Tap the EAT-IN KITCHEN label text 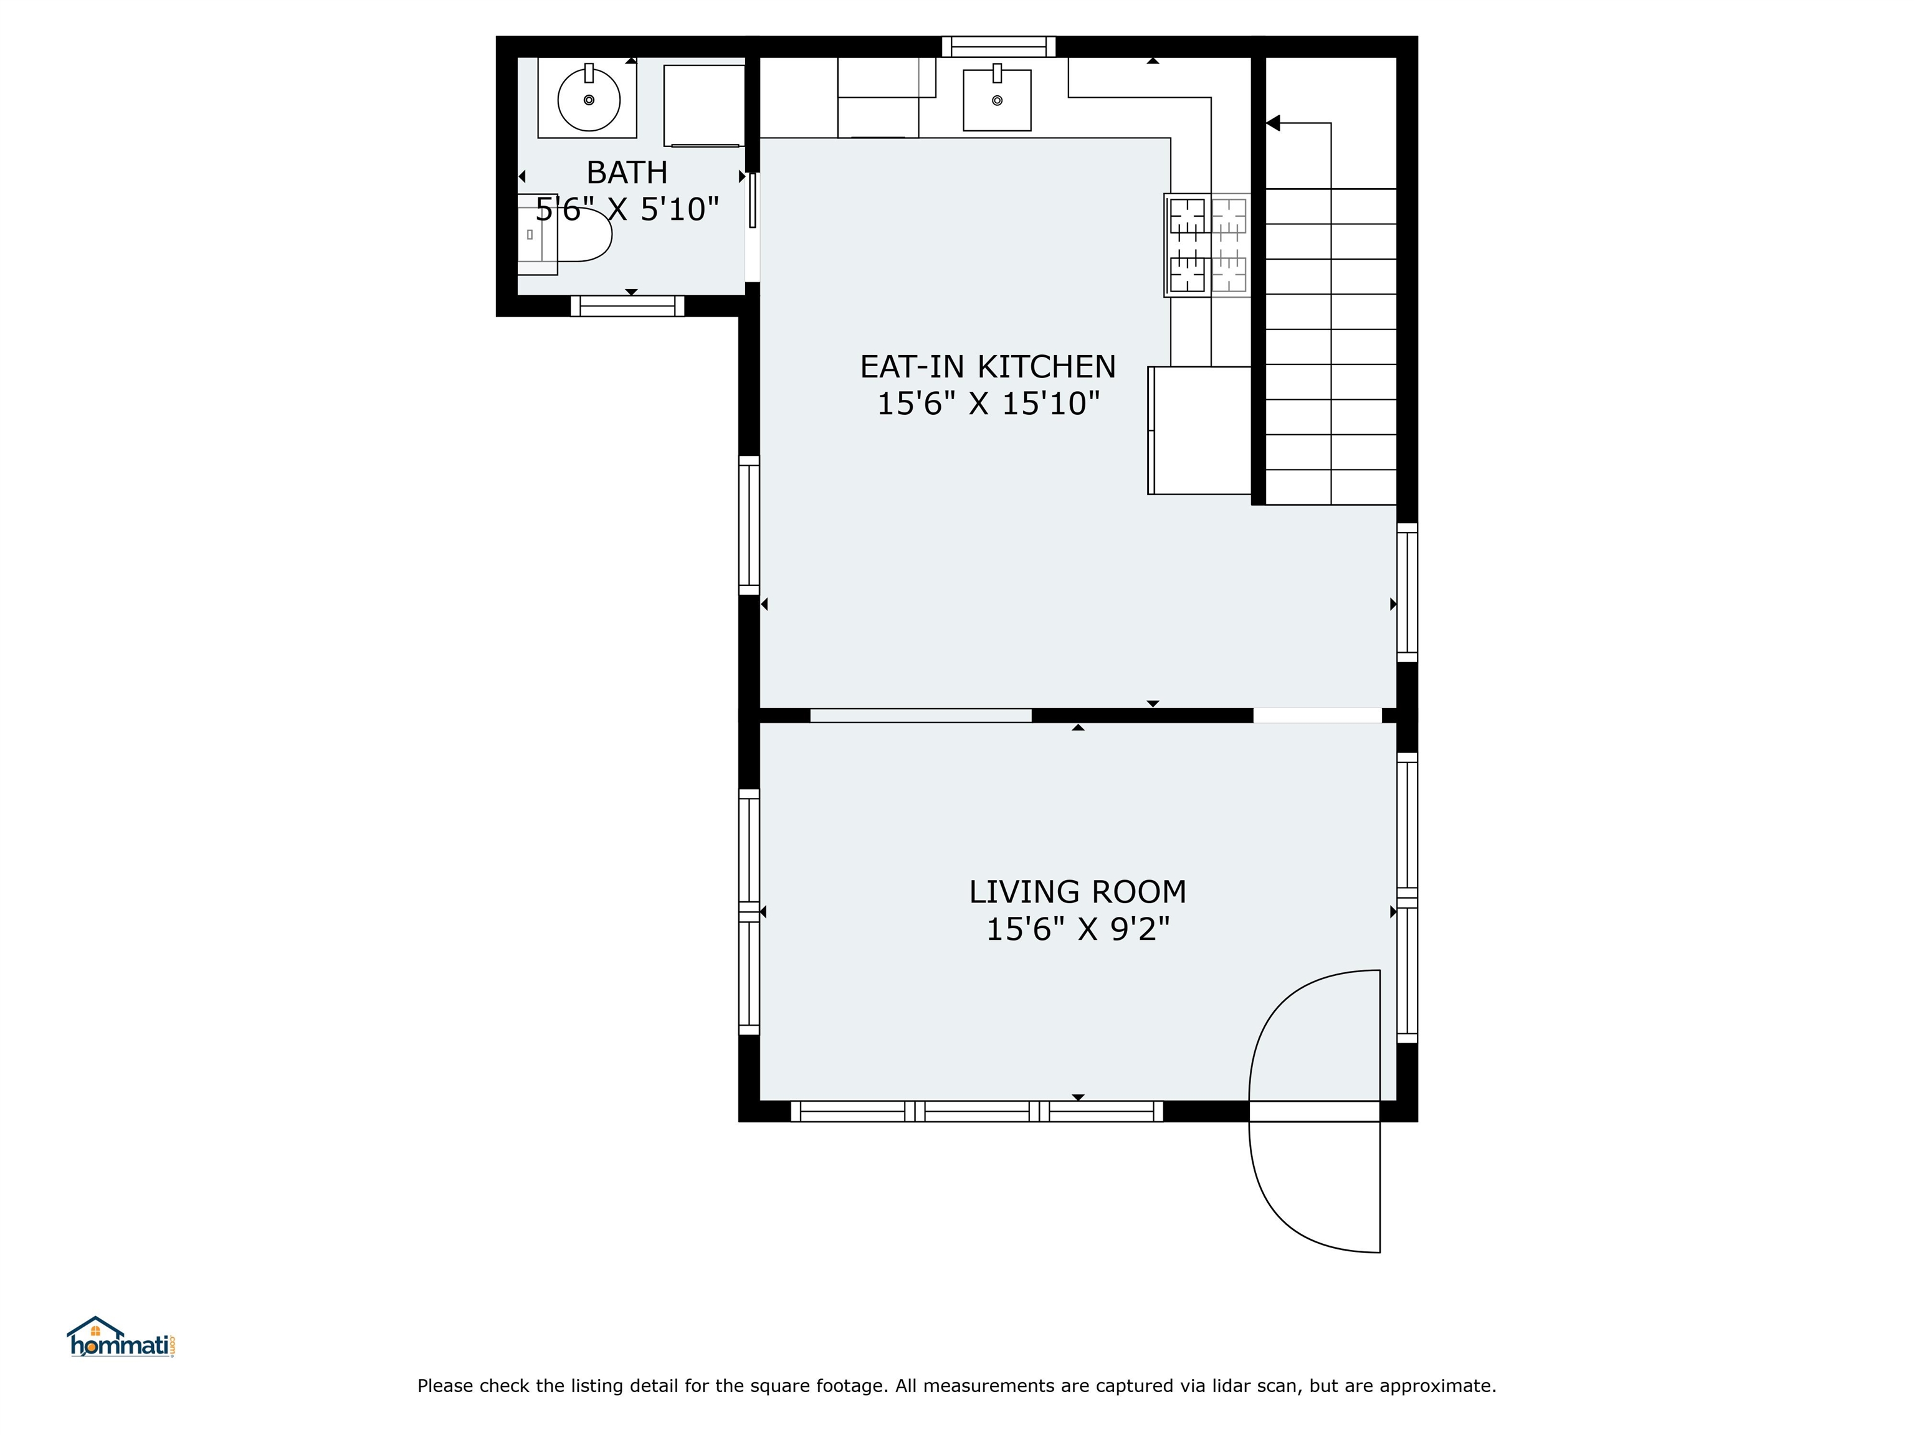pos(988,367)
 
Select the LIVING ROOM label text pos(1077,892)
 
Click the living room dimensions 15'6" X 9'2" pos(1077,929)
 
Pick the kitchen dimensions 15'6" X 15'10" pos(988,403)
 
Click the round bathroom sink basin pos(588,100)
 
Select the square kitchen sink pos(997,100)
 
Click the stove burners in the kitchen pos(1207,245)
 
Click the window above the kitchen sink pos(999,47)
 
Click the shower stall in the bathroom pos(703,105)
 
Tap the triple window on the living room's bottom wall pos(977,1112)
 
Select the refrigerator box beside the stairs pos(1199,431)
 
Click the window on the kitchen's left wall pos(748,525)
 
